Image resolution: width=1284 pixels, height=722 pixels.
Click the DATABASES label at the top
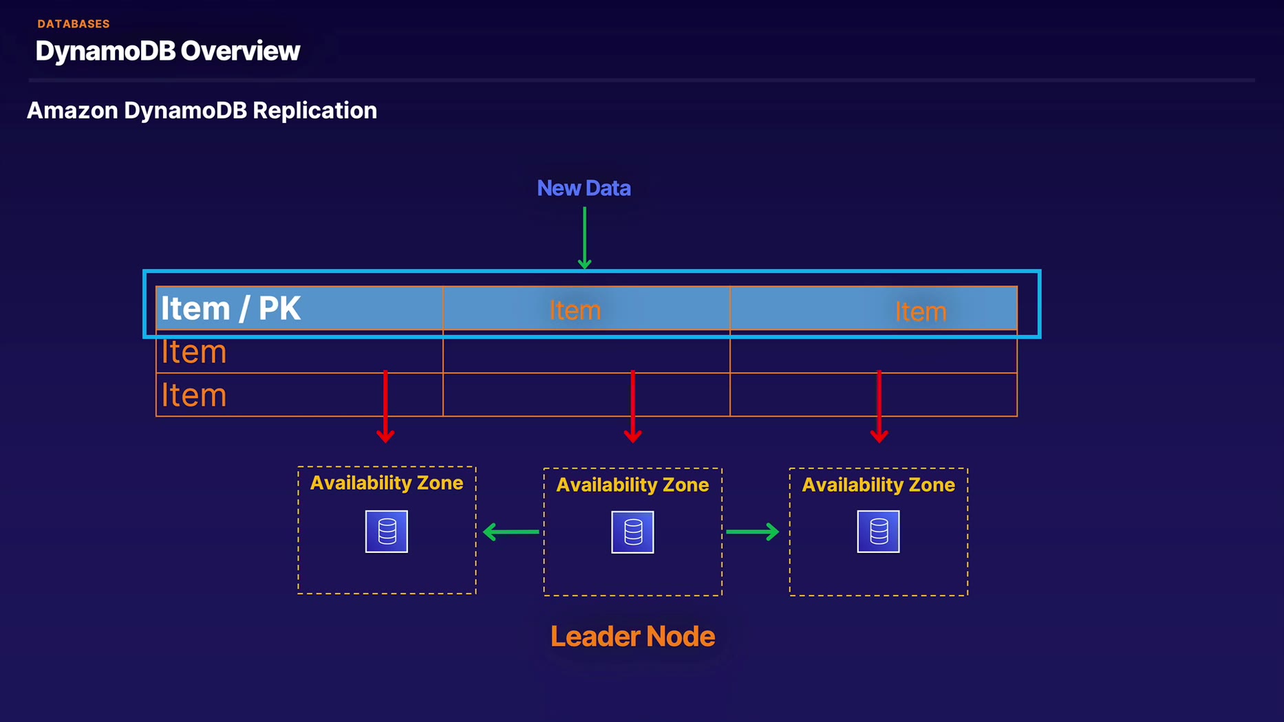tap(74, 24)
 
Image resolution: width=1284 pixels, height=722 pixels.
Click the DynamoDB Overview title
tap(168, 51)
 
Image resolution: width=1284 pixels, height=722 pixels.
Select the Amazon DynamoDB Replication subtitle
tap(202, 111)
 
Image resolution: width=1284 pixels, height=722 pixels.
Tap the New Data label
tap(584, 188)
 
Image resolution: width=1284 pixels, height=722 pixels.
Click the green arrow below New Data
tap(584, 237)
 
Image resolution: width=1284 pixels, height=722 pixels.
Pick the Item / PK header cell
tap(231, 308)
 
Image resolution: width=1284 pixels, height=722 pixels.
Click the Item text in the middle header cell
tap(575, 310)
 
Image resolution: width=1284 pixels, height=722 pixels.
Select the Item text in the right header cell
tap(920, 312)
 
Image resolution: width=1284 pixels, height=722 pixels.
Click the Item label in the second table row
tap(194, 352)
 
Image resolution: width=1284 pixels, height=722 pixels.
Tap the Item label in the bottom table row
tap(194, 395)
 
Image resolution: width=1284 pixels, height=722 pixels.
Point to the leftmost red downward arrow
tap(385, 406)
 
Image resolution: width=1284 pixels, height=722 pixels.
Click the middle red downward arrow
tap(632, 406)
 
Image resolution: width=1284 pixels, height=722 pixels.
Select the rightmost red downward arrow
tap(879, 406)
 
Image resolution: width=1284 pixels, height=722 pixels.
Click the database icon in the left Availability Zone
tap(387, 532)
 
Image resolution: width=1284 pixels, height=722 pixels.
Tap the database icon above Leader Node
tap(632, 532)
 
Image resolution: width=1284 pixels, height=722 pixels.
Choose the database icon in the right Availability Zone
tap(878, 532)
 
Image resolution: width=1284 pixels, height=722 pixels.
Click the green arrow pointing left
tap(511, 532)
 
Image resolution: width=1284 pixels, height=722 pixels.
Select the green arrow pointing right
tap(752, 532)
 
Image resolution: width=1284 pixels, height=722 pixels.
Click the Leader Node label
tap(632, 637)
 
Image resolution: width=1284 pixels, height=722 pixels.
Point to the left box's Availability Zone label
tap(387, 483)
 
